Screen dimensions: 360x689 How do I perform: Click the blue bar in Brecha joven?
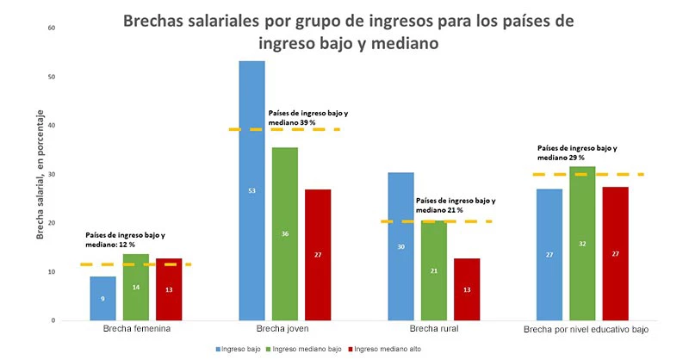[251, 189]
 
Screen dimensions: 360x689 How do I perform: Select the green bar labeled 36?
[284, 233]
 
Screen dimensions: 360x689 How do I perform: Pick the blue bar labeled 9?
[102, 298]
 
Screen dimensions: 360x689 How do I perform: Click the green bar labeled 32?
[582, 243]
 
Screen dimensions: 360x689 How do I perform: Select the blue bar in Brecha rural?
[400, 246]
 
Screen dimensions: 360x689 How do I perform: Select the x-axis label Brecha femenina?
[135, 330]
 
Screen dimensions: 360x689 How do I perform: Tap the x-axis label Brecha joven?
[283, 330]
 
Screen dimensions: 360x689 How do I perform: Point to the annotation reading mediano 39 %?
[298, 123]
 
